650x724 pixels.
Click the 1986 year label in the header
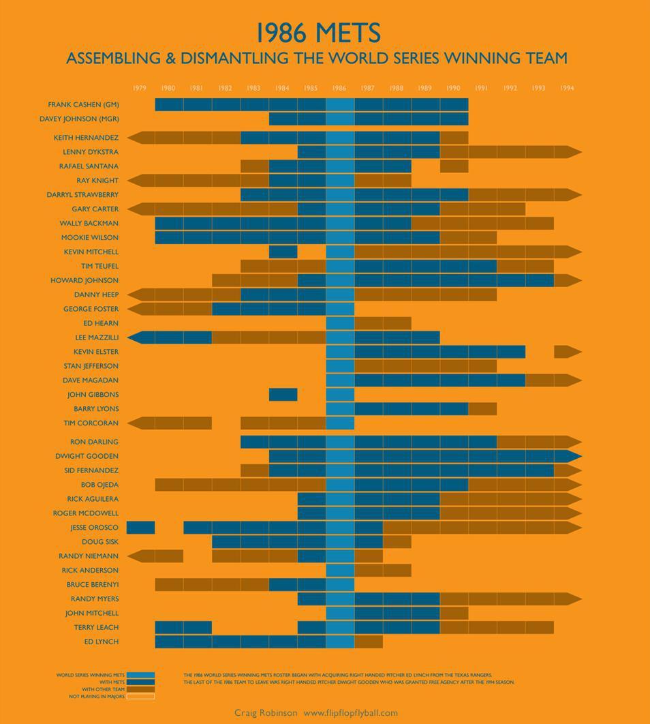click(x=339, y=88)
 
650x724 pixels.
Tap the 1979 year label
click(x=140, y=88)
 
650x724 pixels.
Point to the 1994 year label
click(x=567, y=88)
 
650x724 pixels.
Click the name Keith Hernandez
click(x=86, y=138)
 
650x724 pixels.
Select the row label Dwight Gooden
click(x=87, y=456)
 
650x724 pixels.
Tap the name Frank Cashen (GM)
click(x=83, y=104)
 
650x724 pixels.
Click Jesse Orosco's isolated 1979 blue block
click(x=140, y=527)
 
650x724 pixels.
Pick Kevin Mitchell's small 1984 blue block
click(x=283, y=252)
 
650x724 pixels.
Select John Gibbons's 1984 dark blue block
click(x=283, y=395)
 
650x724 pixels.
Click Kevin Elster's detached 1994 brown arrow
click(x=566, y=352)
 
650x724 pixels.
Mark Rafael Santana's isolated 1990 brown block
click(x=454, y=166)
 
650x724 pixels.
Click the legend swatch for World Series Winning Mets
click(x=140, y=675)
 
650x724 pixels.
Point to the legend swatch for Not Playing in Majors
click(x=140, y=697)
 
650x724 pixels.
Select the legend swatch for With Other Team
click(x=140, y=689)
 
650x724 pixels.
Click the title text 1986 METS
click(x=318, y=33)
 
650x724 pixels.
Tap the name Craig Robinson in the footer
click(x=266, y=713)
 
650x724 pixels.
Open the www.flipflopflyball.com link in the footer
click(x=350, y=713)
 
